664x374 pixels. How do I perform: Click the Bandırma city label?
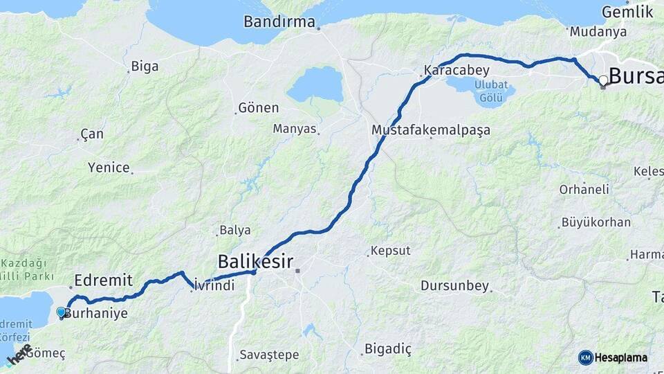279,21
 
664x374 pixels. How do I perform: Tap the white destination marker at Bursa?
603,80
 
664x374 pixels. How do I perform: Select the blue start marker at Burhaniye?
62,312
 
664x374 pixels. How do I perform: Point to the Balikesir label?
255,262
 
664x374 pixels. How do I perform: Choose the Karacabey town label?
456,71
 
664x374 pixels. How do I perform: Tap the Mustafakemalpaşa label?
431,130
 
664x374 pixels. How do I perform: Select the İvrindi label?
214,285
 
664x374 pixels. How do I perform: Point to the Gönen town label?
258,108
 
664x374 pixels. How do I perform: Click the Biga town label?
145,66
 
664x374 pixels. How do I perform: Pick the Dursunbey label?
454,285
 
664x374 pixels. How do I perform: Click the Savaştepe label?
269,355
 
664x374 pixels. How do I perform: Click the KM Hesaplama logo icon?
586,357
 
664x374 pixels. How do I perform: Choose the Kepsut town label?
391,251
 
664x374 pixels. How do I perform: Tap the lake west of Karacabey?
316,84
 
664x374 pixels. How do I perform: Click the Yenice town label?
109,168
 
